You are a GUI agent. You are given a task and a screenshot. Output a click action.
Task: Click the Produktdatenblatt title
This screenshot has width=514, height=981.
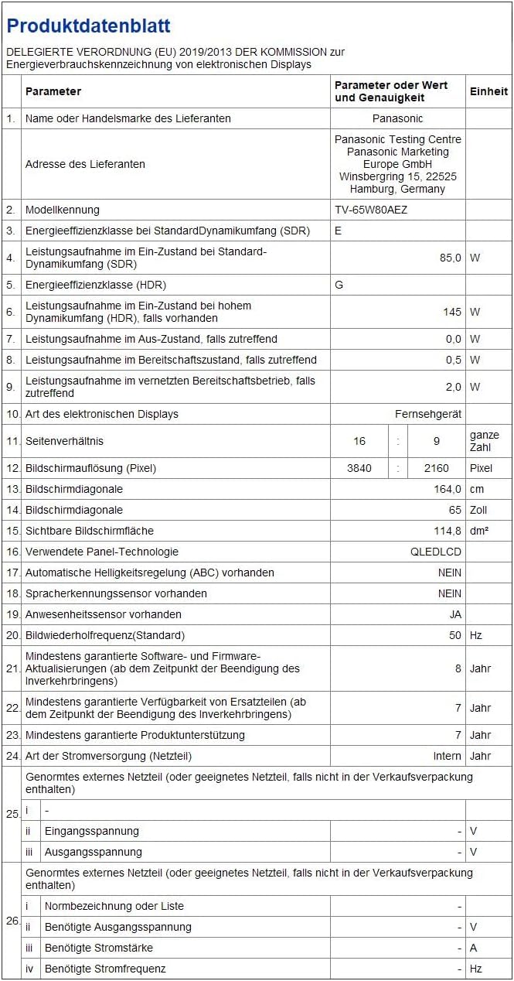click(89, 26)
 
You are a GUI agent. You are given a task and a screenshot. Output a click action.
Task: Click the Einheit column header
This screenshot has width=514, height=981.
click(488, 91)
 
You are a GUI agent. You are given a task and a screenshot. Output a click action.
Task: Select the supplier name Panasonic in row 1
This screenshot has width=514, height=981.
click(397, 118)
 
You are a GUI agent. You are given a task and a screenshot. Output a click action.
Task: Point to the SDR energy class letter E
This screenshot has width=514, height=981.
click(339, 231)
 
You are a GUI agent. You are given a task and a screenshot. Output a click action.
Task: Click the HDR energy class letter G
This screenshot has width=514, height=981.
click(339, 285)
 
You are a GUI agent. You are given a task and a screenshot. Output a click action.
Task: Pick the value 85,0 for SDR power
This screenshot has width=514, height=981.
click(450, 258)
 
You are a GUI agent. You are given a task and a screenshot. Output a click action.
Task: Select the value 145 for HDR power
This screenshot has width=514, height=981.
click(452, 312)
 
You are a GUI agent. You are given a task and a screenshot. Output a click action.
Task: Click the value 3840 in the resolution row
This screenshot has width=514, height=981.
click(359, 468)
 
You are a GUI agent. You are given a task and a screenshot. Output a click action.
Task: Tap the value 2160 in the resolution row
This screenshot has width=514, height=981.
click(437, 468)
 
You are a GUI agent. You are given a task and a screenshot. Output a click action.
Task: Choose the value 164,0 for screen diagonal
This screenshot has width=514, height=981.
click(448, 489)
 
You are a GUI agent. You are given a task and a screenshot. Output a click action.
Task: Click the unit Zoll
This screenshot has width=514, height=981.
click(479, 510)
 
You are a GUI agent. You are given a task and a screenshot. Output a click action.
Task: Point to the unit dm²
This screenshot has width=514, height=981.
click(479, 531)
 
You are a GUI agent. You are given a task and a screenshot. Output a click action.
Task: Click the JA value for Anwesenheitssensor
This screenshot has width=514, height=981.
click(455, 614)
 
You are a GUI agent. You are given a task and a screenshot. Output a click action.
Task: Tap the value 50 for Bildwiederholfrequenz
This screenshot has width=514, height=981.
click(454, 635)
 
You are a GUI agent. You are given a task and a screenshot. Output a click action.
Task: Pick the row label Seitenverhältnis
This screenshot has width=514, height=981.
click(64, 441)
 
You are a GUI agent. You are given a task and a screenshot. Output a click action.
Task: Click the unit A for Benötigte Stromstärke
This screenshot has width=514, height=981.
click(474, 948)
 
